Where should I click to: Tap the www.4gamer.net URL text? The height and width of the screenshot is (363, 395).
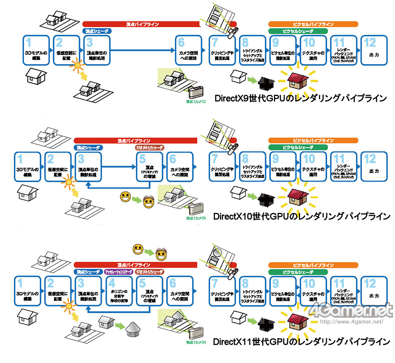click(352, 321)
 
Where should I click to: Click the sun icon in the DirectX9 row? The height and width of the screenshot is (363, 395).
click(79, 65)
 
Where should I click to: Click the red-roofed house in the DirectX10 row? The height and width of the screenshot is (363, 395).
click(298, 196)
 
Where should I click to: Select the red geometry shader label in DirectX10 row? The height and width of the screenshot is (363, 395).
click(150, 148)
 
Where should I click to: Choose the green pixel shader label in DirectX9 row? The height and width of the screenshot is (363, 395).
click(297, 31)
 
